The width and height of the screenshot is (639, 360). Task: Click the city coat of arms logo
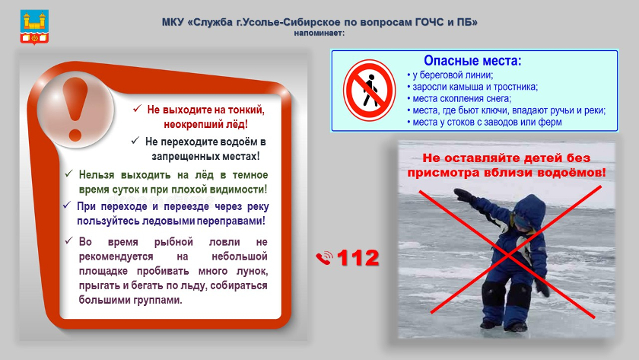(35, 27)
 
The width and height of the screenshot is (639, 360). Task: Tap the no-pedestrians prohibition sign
(369, 91)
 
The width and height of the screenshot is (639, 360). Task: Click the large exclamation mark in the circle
(75, 110)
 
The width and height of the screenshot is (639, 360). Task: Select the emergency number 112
(358, 258)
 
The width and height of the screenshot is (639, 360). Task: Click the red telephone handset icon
(324, 258)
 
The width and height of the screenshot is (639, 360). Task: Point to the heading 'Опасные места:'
(472, 61)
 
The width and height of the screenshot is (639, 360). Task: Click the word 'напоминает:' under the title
(319, 33)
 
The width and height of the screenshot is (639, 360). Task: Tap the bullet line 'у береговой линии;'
(450, 75)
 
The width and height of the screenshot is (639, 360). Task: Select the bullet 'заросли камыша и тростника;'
(472, 87)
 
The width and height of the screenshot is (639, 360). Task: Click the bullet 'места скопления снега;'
(459, 99)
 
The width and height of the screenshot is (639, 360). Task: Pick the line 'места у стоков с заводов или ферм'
(484, 122)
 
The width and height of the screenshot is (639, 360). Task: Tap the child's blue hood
(529, 209)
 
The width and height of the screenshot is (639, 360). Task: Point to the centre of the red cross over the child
(509, 253)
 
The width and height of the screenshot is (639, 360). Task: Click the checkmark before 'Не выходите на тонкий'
(137, 108)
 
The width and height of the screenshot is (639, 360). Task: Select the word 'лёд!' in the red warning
(237, 124)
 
